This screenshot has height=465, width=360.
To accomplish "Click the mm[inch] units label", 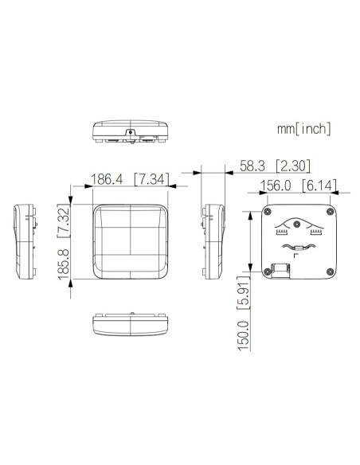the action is pos(304,129).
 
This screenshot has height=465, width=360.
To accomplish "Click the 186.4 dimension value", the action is pos(106,179).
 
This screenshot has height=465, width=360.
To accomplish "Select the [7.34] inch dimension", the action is pos(151,179).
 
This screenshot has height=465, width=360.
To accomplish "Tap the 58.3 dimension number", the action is pos(252,166).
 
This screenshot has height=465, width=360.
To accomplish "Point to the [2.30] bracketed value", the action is pos(293,166).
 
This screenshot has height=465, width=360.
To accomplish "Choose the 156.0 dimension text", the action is pos(276,186).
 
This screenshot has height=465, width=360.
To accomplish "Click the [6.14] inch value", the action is pos(319,186).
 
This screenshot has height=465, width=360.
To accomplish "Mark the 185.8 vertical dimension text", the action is pos(64,264).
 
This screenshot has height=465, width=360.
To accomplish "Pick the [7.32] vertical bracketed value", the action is pos(64,221).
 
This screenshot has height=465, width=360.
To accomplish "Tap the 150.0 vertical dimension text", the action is pos(244,334).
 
